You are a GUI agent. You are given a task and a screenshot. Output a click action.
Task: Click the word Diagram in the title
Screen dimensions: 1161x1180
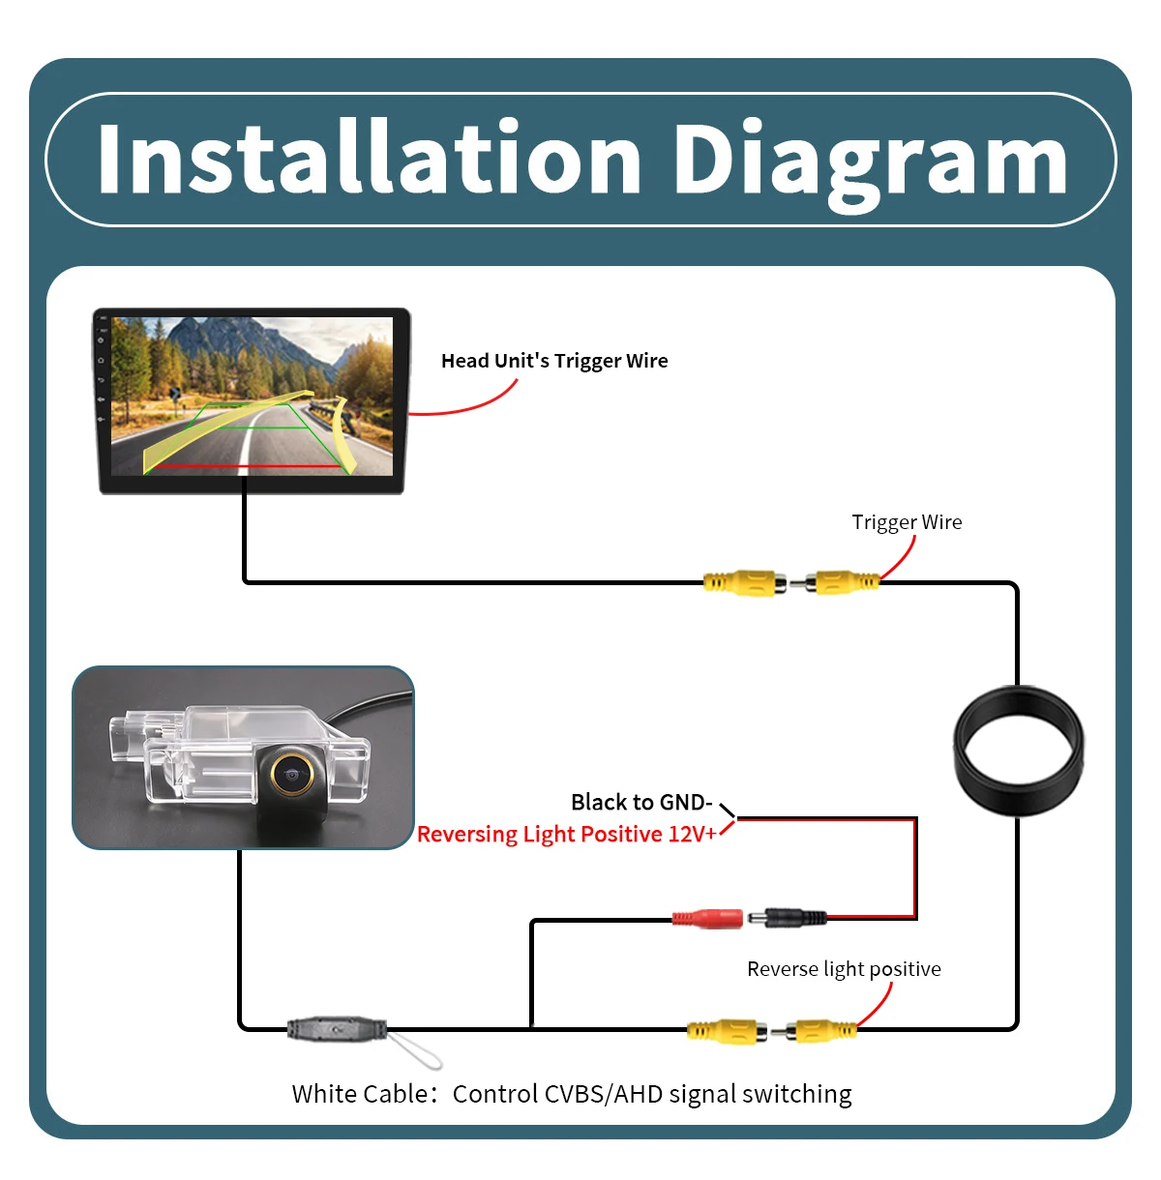pyautogui.click(x=871, y=164)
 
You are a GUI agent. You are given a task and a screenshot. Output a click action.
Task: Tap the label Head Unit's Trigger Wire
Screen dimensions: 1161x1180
pyautogui.click(x=554, y=361)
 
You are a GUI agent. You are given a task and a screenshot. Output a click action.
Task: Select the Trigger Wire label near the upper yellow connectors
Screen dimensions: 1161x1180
pyautogui.click(x=907, y=522)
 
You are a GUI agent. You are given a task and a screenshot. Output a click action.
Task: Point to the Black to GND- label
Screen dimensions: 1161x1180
pyautogui.click(x=641, y=802)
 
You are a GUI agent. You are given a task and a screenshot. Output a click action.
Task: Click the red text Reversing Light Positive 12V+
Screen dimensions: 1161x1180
pyautogui.click(x=567, y=835)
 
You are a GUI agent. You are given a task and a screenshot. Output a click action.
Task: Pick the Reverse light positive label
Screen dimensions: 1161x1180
pyautogui.click(x=844, y=969)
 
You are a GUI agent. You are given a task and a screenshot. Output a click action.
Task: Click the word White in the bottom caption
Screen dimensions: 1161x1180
pyautogui.click(x=328, y=1094)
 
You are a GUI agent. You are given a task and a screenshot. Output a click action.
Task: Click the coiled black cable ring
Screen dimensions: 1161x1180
pyautogui.click(x=1018, y=695)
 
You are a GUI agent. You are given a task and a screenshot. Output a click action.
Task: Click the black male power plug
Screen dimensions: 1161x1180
pyautogui.click(x=788, y=918)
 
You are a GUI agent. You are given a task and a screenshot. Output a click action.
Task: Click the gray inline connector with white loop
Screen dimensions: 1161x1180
pyautogui.click(x=337, y=1029)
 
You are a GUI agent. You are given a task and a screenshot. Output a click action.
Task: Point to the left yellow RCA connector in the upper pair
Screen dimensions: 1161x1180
pyautogui.click(x=745, y=582)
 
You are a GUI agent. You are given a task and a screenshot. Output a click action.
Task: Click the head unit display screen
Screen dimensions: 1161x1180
pyautogui.click(x=252, y=397)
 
